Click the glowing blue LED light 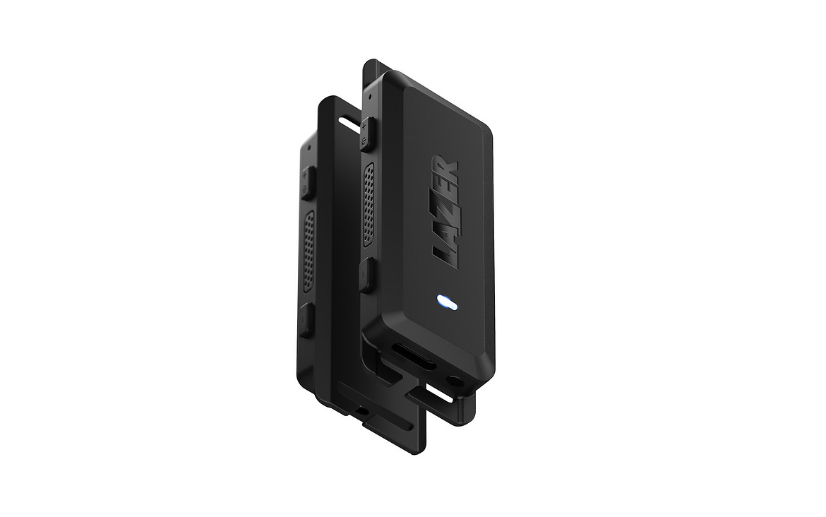point(448,302)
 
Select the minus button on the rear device point(306,319)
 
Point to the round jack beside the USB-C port point(454,380)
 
